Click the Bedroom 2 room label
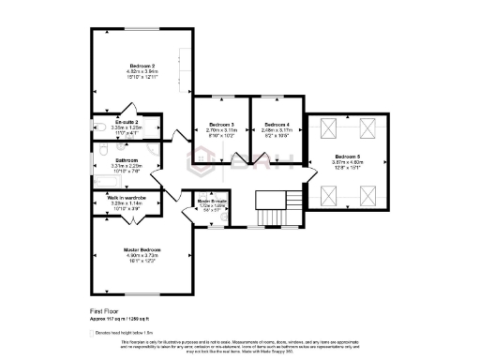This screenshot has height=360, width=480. coord(142,65)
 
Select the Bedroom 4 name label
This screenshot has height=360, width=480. coord(277,125)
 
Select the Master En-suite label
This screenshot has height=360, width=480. coord(211,202)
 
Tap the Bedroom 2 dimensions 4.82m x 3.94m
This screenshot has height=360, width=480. coord(142,70)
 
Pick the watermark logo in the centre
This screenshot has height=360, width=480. coord(240,167)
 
